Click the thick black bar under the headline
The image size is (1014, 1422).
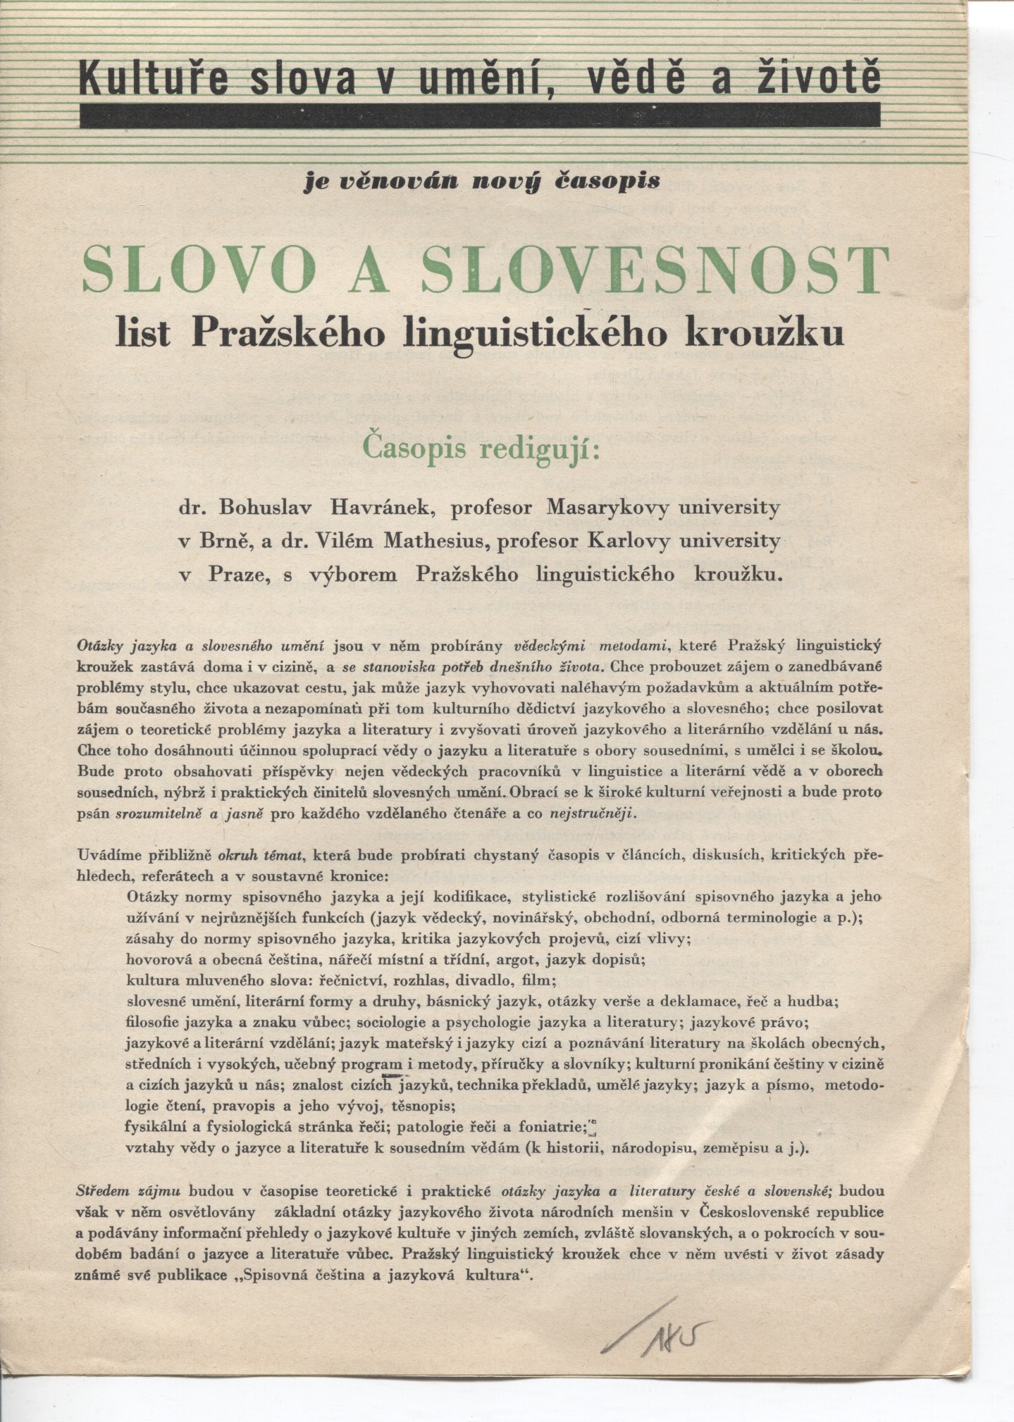(x=479, y=115)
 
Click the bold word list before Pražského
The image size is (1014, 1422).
(x=144, y=331)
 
